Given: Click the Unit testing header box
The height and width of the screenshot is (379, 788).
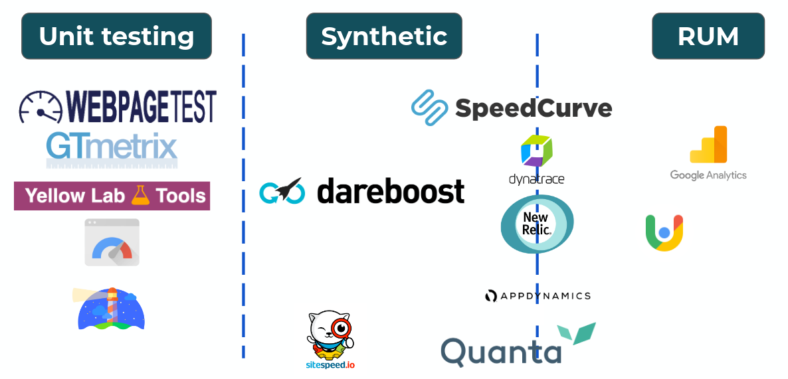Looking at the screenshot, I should coord(116,36).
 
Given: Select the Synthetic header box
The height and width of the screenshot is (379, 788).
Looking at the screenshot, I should coord(383,36).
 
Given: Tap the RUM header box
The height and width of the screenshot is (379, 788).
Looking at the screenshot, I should coord(708,36).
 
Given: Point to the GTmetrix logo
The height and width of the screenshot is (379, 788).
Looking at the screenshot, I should coord(112,147).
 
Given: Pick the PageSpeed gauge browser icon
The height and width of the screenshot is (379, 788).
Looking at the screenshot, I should coord(112,242).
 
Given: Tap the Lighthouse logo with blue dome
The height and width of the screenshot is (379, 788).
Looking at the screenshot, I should coord(111,309).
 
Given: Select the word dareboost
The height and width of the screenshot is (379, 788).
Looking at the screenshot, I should coord(391,191).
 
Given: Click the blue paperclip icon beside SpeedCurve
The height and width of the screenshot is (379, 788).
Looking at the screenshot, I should coord(431,108).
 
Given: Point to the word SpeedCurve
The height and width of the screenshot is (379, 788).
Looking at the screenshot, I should coord(533,108).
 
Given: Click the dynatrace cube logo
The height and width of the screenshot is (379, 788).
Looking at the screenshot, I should coord(536,151).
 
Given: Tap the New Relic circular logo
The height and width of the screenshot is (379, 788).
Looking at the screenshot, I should coord(536,224).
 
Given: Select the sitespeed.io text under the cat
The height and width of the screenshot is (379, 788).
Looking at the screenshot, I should coord(330,364).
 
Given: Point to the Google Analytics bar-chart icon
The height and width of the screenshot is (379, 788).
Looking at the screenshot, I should coord(708,145).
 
